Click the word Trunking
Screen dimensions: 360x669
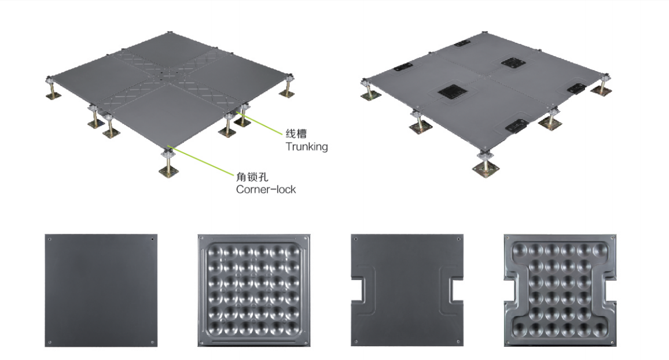[x=307, y=147]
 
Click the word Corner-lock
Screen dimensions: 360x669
[x=266, y=189]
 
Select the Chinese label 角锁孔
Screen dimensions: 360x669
[x=252, y=177]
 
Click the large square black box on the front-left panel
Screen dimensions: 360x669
[x=451, y=90]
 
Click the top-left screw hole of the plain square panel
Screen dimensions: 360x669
[x=50, y=239]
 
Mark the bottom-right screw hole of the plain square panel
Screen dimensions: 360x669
[x=152, y=343]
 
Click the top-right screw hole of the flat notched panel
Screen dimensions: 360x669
[x=459, y=239]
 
